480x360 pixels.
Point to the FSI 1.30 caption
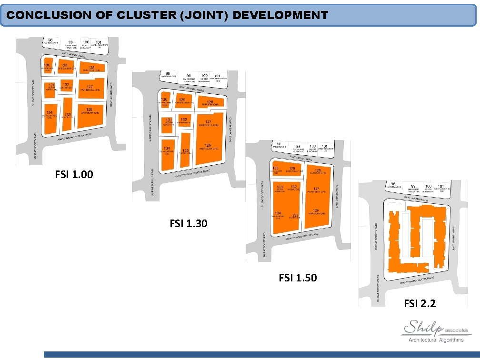[189, 222]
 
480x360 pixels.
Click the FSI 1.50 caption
[298, 277]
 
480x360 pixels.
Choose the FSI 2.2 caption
[420, 303]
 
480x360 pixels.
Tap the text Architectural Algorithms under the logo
[436, 340]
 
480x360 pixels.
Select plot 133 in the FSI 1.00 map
[68, 115]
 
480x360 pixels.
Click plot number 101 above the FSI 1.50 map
[324, 146]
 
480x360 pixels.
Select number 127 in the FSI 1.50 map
[316, 189]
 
